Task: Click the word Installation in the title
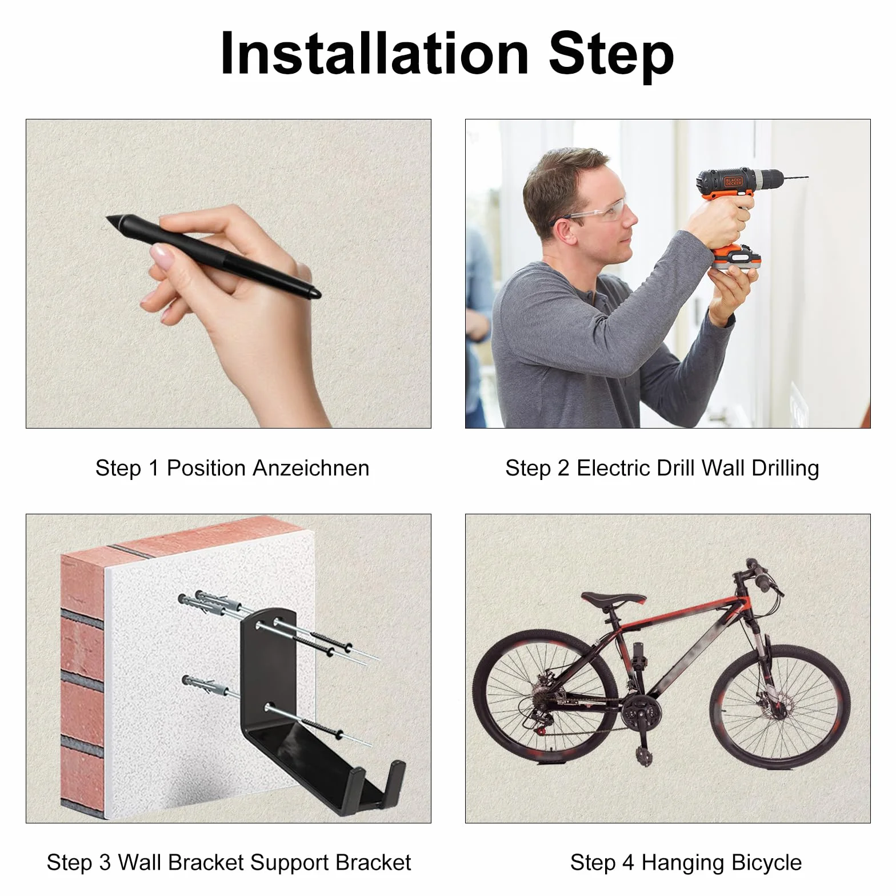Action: [x=374, y=54]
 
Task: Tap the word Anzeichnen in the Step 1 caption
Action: [x=311, y=468]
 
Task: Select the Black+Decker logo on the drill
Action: [x=733, y=182]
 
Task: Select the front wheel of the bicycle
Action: [x=780, y=706]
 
